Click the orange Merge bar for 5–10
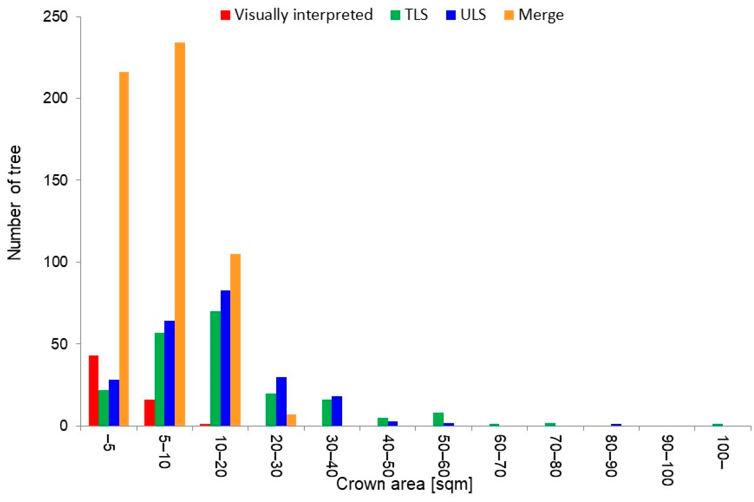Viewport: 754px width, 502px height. pyautogui.click(x=180, y=234)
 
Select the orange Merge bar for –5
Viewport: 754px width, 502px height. pyautogui.click(x=124, y=249)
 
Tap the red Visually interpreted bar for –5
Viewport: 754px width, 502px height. pyautogui.click(x=94, y=390)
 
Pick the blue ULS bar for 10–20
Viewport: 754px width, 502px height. pyautogui.click(x=225, y=358)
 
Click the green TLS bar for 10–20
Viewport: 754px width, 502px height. pyautogui.click(x=216, y=368)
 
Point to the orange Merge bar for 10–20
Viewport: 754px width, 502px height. pyautogui.click(x=235, y=340)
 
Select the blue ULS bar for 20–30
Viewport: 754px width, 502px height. pyautogui.click(x=281, y=401)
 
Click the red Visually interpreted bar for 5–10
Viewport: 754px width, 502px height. pyautogui.click(x=149, y=413)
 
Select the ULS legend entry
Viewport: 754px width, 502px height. pyautogui.click(x=467, y=15)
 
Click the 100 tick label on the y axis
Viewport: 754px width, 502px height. pyautogui.click(x=56, y=262)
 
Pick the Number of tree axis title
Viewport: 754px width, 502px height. pyautogui.click(x=15, y=203)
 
